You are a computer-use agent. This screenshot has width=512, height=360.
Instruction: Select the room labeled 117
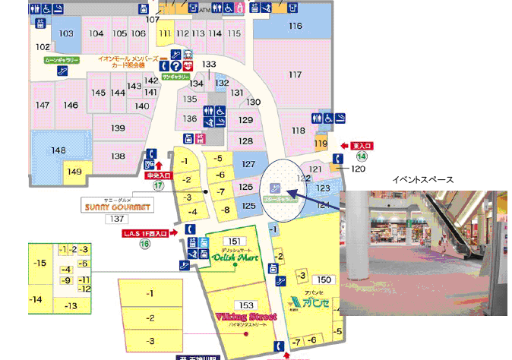[x=295, y=74]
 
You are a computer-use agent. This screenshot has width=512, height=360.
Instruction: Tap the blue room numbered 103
[x=66, y=33]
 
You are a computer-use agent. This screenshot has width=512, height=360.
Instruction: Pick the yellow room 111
[x=165, y=33]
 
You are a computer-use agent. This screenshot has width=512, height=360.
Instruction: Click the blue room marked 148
[x=58, y=150]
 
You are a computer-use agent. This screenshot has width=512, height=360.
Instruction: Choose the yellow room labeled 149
[x=74, y=172]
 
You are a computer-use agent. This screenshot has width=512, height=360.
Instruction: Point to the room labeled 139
[x=118, y=128]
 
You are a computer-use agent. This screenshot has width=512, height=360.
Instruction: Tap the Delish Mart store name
[x=233, y=257]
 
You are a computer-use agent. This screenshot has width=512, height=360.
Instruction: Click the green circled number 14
[x=362, y=156]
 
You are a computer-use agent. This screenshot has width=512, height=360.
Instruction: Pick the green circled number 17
[x=158, y=185]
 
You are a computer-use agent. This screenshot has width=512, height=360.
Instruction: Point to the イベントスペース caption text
[x=422, y=180]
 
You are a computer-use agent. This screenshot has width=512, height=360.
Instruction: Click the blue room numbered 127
[x=248, y=164]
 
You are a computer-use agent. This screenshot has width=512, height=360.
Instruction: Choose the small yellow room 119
[x=321, y=144]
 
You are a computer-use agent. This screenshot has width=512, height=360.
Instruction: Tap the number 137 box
[x=116, y=219]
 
